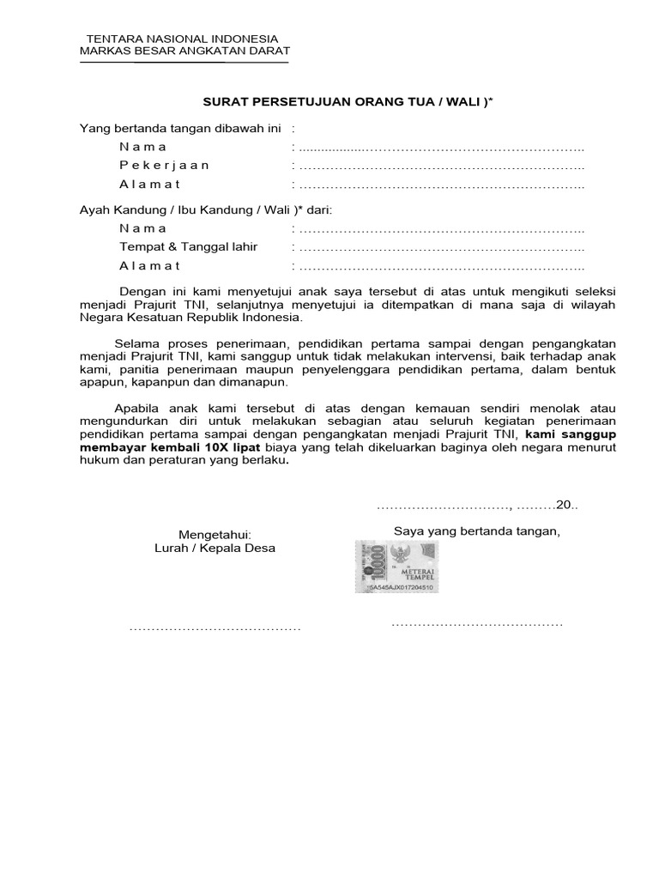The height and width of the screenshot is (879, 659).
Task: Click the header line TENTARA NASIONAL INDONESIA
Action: click(x=184, y=39)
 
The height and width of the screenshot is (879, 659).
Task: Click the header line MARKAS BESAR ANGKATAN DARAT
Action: click(x=184, y=52)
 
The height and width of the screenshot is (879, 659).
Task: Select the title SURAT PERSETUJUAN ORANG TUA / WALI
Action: click(x=348, y=102)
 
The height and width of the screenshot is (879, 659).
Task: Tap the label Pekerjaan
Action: click(x=164, y=165)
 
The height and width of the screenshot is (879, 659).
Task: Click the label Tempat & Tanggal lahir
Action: click(x=188, y=247)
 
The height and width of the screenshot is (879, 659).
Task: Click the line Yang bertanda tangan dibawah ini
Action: click(x=180, y=128)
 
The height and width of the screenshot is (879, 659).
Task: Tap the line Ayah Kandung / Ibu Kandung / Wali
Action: click(x=205, y=209)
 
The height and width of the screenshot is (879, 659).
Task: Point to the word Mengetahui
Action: click(x=215, y=535)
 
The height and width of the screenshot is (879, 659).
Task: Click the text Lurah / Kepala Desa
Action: click(x=215, y=548)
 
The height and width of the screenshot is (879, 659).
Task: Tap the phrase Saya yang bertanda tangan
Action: click(x=476, y=530)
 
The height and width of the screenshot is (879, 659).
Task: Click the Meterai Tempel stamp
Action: click(x=397, y=567)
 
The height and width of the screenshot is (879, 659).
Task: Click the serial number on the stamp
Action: click(x=400, y=588)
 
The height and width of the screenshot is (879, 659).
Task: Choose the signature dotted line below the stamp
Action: click(x=477, y=623)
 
